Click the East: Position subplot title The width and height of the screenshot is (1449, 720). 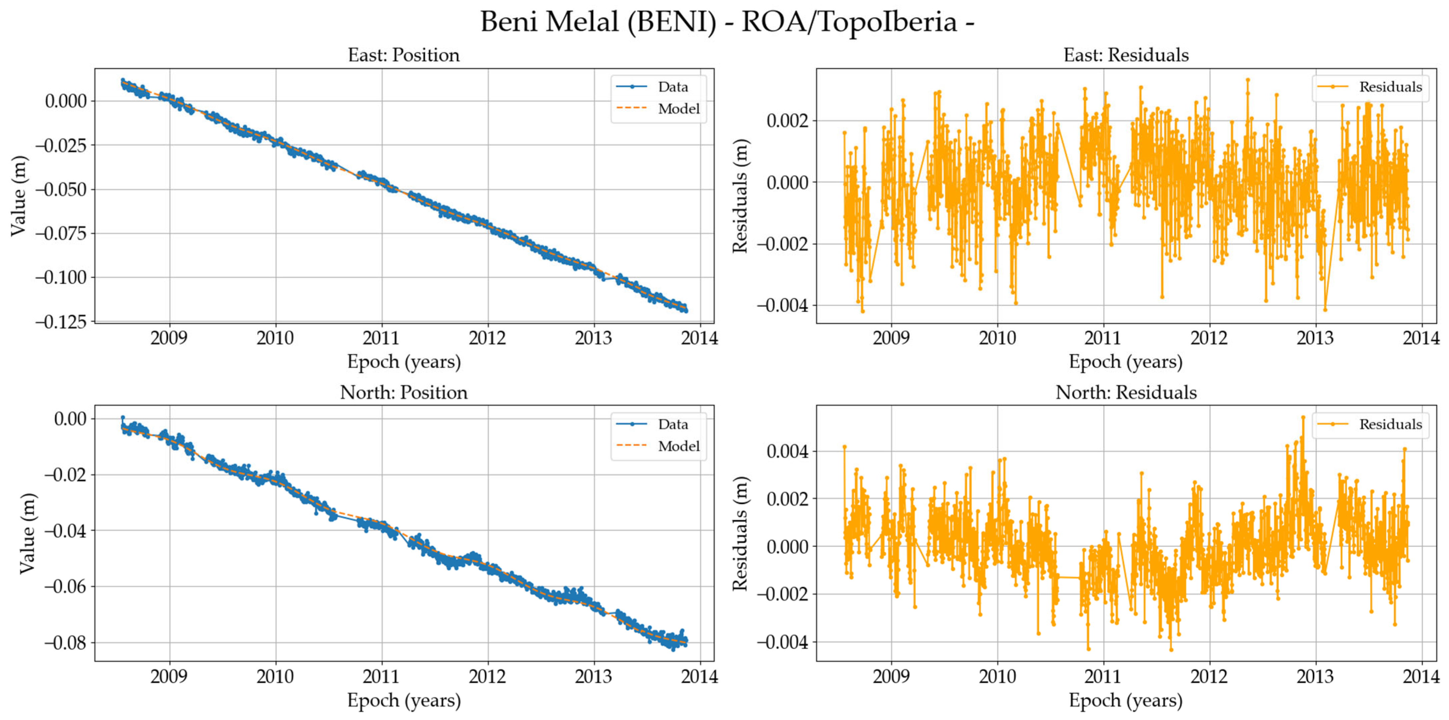[x=403, y=55]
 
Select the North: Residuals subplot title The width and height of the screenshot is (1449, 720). [x=1126, y=393]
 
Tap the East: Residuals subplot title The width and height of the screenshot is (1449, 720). [x=1126, y=55]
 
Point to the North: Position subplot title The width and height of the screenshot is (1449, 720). [x=403, y=393]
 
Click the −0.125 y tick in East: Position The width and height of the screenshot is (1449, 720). [x=61, y=322]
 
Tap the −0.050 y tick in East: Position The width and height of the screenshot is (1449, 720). [x=61, y=190]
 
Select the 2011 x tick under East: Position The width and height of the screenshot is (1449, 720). [x=381, y=338]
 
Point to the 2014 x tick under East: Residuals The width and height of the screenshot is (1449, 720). [x=1421, y=338]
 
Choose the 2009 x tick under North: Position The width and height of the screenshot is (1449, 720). [x=169, y=676]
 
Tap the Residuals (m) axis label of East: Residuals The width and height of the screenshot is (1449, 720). [x=740, y=196]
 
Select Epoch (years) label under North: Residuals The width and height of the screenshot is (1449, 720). [x=1126, y=700]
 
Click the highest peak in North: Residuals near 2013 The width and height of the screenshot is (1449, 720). [x=1303, y=417]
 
